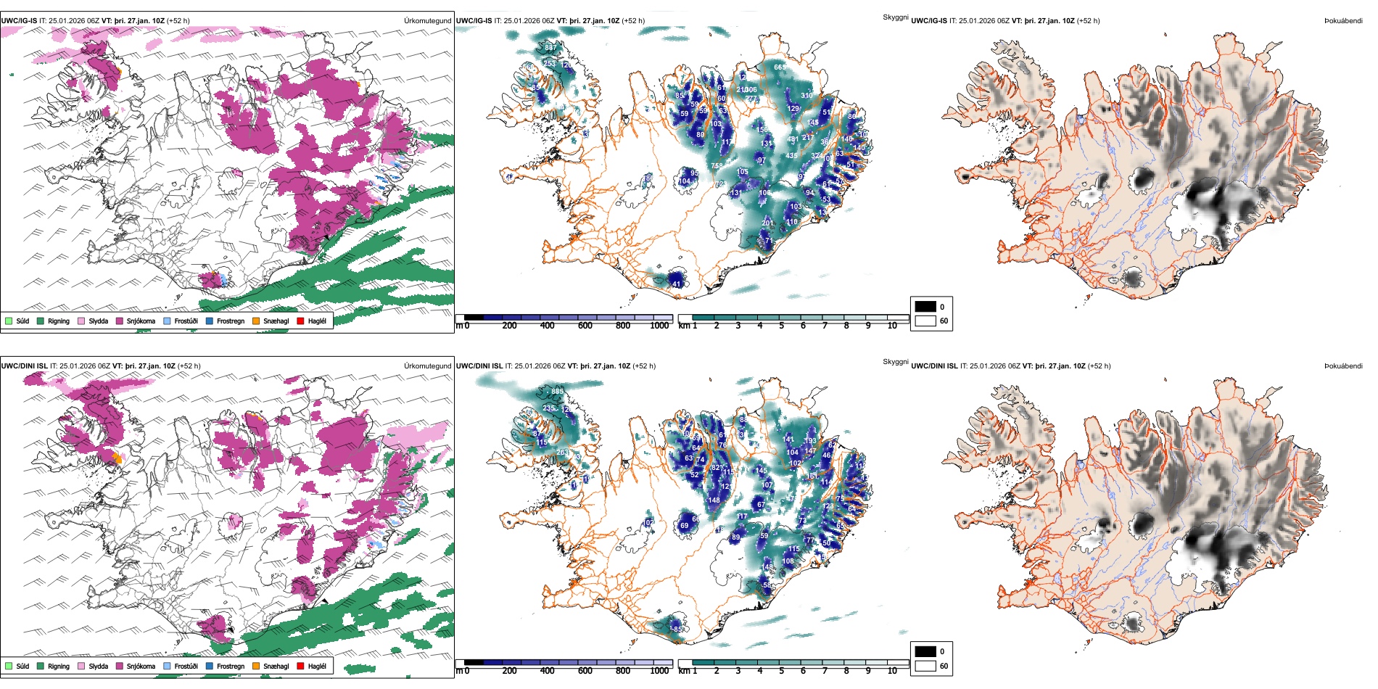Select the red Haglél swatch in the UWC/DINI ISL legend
300,666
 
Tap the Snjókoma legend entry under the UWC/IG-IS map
135,321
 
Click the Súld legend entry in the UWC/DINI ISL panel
17,666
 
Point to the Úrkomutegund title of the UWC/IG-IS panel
427,21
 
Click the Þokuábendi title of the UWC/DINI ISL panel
1343,366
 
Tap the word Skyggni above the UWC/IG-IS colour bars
895,17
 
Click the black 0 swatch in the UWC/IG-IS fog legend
925,307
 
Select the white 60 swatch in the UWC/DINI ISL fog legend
925,666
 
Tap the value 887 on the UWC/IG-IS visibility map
550,48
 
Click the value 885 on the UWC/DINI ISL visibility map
557,392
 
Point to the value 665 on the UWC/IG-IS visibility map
780,67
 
